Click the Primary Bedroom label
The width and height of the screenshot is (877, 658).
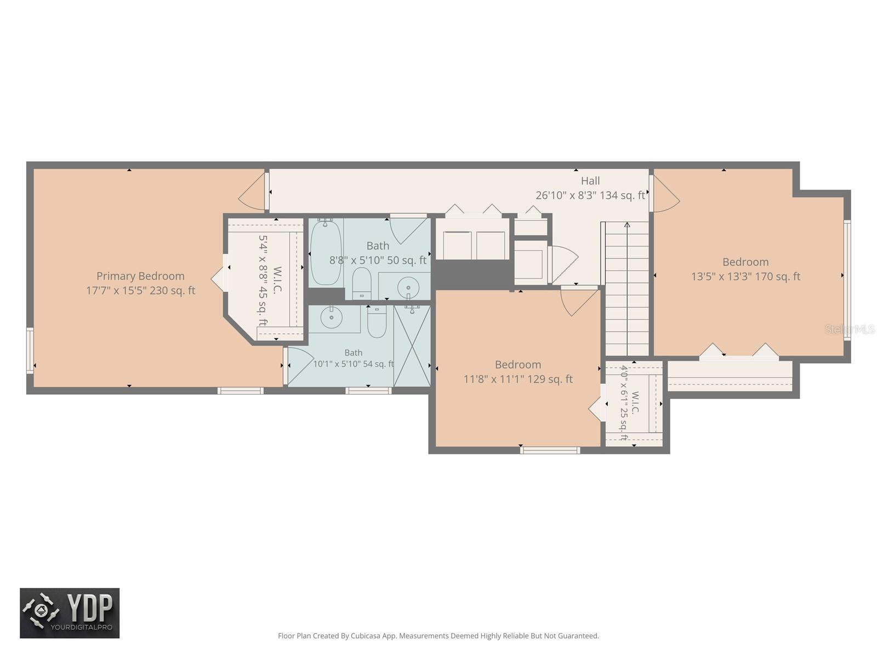point(140,276)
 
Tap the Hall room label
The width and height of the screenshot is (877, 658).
point(590,181)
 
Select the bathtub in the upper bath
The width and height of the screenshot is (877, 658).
point(326,252)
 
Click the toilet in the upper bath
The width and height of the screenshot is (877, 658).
point(362,283)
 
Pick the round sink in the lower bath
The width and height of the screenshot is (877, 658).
point(331,317)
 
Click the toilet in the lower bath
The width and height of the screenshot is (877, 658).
point(377,322)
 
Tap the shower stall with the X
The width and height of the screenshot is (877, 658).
point(412,346)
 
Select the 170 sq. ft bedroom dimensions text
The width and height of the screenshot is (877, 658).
point(745,276)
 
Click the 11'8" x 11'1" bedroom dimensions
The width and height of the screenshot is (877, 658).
point(518,379)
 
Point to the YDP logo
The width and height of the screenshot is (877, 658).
point(70,613)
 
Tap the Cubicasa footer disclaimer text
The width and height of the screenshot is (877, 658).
point(438,636)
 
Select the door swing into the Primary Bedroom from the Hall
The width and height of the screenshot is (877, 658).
point(252,191)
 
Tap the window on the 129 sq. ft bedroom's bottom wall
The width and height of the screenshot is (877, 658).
point(550,451)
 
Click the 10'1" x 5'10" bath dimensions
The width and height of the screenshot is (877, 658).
point(353,364)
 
